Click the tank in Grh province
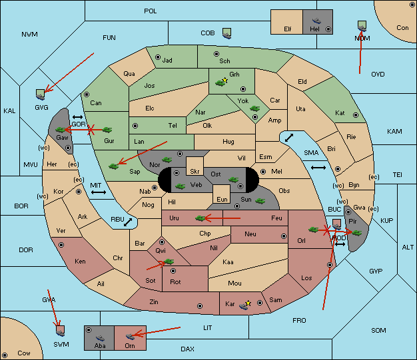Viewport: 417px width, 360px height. point(220,83)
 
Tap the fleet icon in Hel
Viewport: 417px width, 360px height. point(316,21)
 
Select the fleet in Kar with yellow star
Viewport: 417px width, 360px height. point(244,306)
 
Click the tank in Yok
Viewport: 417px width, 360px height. point(254,108)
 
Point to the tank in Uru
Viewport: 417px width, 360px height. point(200,218)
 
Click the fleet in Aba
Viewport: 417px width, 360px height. point(100,337)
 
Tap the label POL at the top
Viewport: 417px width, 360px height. point(151,11)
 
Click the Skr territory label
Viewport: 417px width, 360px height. point(195,172)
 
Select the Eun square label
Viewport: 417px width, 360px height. point(222,199)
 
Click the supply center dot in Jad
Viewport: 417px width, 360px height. point(158,57)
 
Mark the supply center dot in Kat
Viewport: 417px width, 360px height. point(356,115)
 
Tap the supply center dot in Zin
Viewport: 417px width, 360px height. point(200,306)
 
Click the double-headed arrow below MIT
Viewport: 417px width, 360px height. point(99,192)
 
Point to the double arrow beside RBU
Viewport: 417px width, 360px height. point(128,222)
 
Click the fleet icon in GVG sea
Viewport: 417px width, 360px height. point(41,94)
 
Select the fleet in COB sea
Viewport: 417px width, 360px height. point(227,33)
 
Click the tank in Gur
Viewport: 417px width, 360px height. point(107,130)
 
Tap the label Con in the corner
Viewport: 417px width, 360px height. point(402,28)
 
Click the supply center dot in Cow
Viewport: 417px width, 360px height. point(5,355)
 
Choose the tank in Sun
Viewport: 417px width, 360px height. point(260,201)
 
